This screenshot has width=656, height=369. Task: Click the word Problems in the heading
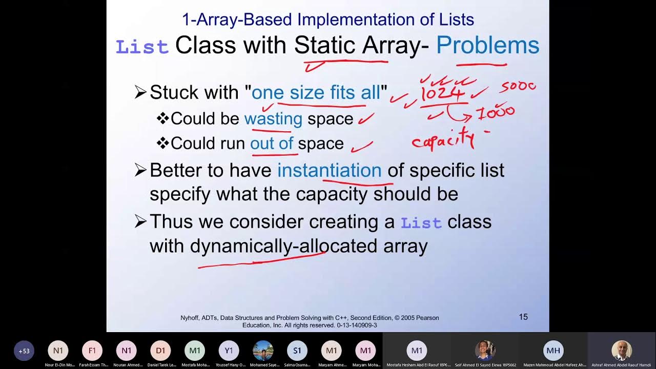click(487, 45)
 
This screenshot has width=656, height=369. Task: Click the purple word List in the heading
click(142, 47)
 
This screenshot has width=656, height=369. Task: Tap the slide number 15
click(523, 317)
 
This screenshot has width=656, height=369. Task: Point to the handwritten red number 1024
click(443, 94)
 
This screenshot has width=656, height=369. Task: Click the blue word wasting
click(273, 118)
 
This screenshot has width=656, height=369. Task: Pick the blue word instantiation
click(329, 170)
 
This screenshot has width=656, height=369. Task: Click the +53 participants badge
click(24, 351)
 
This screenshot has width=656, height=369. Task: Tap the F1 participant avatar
click(92, 351)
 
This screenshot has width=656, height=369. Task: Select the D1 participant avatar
click(160, 351)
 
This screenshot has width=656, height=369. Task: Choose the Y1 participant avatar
click(229, 351)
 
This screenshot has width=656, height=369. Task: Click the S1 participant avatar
click(297, 351)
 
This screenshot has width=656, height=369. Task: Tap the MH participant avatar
click(553, 351)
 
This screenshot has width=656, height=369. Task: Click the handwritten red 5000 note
click(519, 87)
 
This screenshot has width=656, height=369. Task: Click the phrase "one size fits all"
click(316, 93)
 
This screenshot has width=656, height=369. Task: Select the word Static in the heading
click(325, 45)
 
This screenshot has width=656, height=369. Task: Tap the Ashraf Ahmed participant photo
click(622, 351)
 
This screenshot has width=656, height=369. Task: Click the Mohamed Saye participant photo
click(263, 351)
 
